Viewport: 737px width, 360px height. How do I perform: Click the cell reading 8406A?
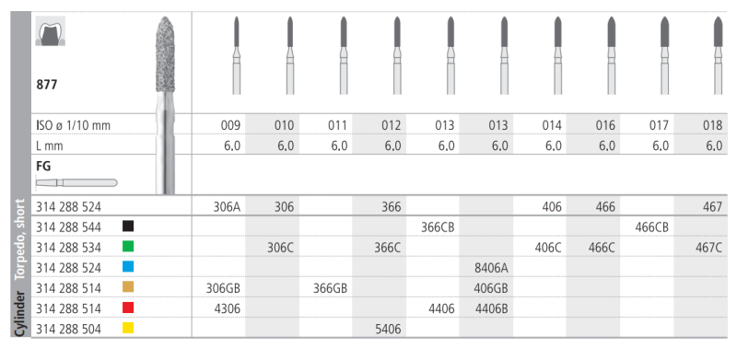click(491, 267)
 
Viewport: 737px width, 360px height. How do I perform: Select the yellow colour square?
click(127, 328)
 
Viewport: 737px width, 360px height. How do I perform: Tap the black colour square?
click(127, 226)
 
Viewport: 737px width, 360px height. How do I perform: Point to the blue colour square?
click(127, 267)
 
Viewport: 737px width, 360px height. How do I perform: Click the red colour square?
click(127, 308)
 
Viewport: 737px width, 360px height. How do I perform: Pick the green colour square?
click(127, 246)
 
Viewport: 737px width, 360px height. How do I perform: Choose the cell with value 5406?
click(388, 329)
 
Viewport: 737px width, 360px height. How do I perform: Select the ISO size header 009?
click(231, 125)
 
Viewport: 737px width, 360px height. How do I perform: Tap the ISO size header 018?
click(713, 125)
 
